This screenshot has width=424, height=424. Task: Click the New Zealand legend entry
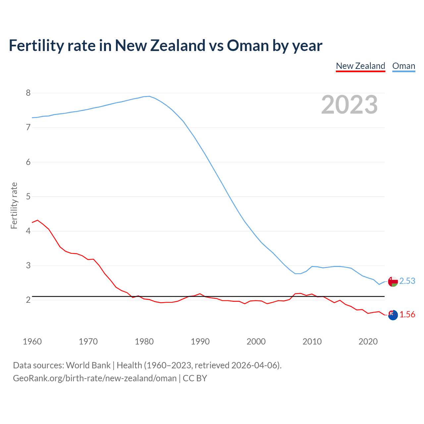[x=360, y=66]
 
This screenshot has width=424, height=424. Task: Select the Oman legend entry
[x=403, y=66]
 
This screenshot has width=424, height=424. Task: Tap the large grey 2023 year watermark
[x=349, y=105]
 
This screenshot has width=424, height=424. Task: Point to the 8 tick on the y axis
[x=28, y=93]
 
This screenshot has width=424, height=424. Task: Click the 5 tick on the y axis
[x=28, y=196]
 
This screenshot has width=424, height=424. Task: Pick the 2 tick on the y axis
[x=28, y=300]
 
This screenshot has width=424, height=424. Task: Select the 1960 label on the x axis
[x=32, y=342]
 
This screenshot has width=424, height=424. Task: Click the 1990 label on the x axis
[x=200, y=342]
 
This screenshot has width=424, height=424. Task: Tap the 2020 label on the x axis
[x=368, y=342]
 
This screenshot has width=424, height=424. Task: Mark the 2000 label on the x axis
[x=256, y=342]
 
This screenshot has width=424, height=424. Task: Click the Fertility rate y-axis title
[x=14, y=205]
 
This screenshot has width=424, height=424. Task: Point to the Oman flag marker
[x=393, y=282]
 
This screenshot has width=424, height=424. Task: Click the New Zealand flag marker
[x=393, y=315]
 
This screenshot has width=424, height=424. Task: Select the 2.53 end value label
[x=407, y=281]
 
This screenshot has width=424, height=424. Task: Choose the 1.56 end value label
[x=407, y=315]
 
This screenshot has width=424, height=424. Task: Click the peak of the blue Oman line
[x=149, y=96]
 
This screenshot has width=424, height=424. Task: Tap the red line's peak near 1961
[x=37, y=220]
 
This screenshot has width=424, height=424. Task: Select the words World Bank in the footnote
[x=88, y=365]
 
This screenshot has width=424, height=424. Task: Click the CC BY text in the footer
[x=195, y=378]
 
